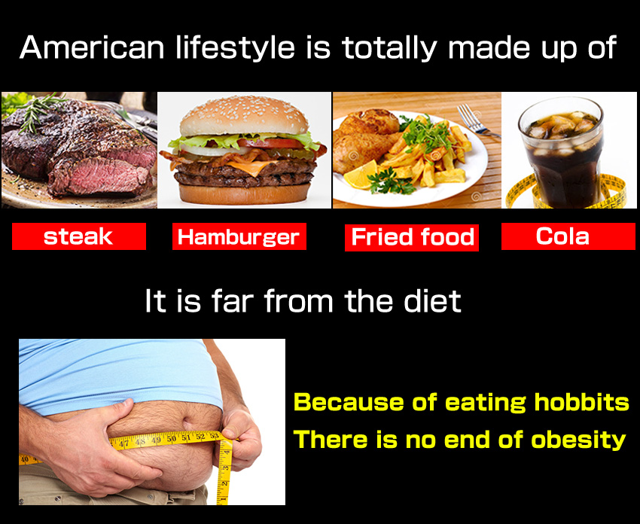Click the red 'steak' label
[x=79, y=236]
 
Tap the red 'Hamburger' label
[x=239, y=236]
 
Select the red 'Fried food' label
[x=412, y=237]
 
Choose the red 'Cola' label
[x=568, y=236]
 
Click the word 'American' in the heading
[x=91, y=47]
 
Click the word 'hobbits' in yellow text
[x=581, y=402]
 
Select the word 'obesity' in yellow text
[x=578, y=440]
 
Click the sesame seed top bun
[x=244, y=116]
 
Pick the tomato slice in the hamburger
[x=270, y=143]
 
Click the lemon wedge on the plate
[x=361, y=175]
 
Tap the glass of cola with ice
[x=561, y=152]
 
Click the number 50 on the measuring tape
[x=172, y=439]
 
